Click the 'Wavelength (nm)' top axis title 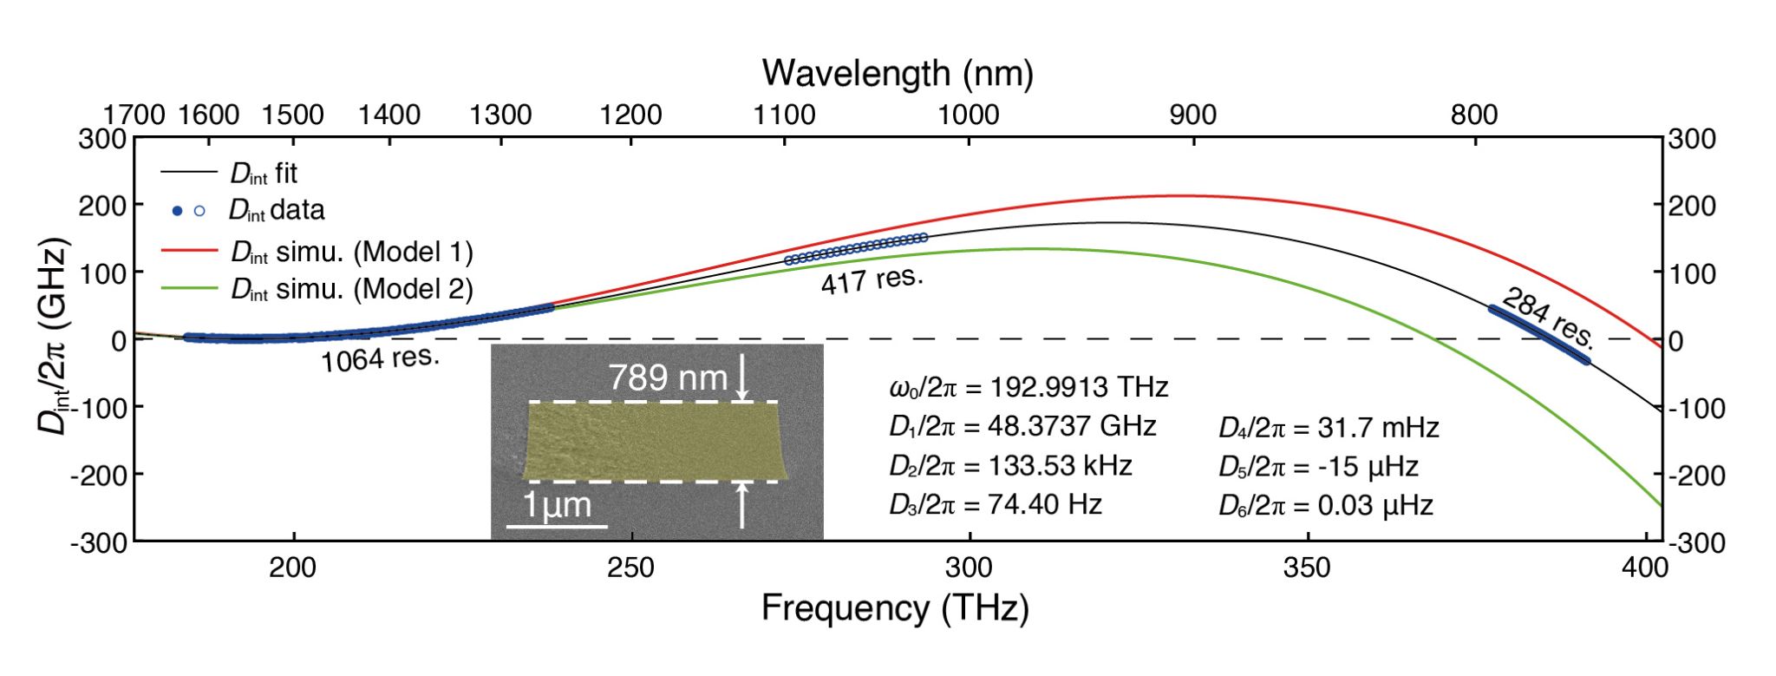pos(898,73)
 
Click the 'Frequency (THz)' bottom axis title pos(895,607)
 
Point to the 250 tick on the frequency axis pos(630,568)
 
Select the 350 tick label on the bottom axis pos(1306,568)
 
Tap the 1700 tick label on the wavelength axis pos(134,115)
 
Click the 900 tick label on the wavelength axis pos(1192,115)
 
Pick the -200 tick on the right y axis pos(1692,476)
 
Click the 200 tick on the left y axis pos(101,206)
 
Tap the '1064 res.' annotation pos(380,357)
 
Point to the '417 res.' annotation pos(872,279)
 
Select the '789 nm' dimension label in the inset pos(667,377)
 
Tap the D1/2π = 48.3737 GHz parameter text pos(1022,426)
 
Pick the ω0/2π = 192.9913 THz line pos(1028,387)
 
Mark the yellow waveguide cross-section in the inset pos(655,441)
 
